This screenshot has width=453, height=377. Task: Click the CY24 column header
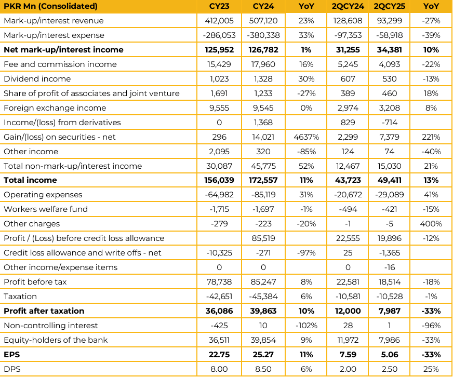click(263, 6)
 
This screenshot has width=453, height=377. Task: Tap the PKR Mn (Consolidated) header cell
click(50, 6)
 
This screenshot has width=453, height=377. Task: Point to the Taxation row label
click(20, 297)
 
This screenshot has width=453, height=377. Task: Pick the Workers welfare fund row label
click(46, 209)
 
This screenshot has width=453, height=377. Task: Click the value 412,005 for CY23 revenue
click(219, 21)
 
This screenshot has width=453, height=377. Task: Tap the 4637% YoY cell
click(306, 137)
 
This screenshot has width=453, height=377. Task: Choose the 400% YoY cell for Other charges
click(431, 224)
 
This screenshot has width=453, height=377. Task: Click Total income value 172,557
click(263, 180)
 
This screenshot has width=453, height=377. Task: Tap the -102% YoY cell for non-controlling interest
click(306, 326)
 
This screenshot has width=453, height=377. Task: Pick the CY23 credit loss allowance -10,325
click(219, 253)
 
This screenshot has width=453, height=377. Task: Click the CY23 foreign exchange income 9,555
click(219, 108)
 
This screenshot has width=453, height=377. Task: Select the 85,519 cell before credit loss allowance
click(263, 238)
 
